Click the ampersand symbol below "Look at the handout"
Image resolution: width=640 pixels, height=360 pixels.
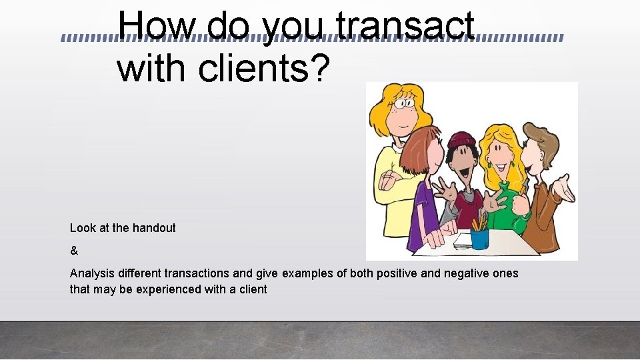coord(74,251)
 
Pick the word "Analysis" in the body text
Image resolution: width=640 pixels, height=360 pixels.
coord(91,274)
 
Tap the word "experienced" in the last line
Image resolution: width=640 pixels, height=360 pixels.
coord(180,289)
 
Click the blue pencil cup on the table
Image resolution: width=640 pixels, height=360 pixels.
coord(479,237)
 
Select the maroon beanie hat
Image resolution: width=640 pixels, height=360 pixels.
coord(461,140)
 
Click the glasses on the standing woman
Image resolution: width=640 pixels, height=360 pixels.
coord(403,103)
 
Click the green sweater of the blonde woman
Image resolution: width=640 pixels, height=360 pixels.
coord(510,203)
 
